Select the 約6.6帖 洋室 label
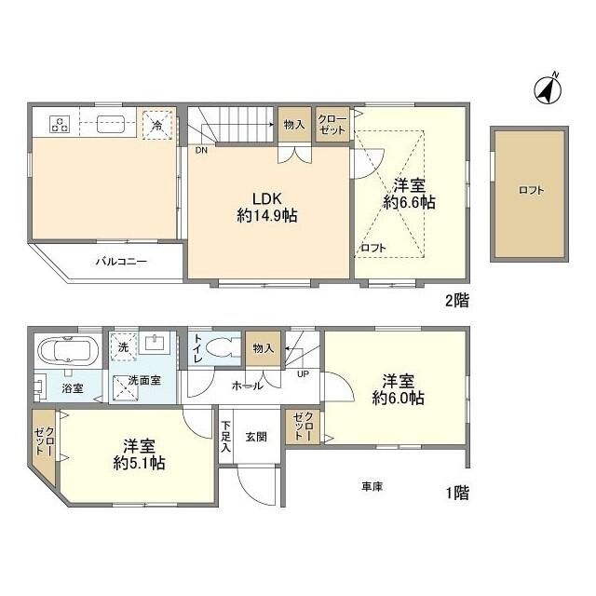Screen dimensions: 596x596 tap(409, 193)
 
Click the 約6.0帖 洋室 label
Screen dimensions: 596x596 tap(399, 389)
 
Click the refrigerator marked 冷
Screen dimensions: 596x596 tap(156, 124)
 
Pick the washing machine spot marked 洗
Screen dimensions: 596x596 tap(123, 346)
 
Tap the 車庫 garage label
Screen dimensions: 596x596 tap(372, 486)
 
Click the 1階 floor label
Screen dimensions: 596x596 tap(456, 493)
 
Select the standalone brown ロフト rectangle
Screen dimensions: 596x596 tap(531, 190)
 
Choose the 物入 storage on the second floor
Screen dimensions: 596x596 tap(294, 125)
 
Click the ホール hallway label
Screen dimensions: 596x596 tap(247, 384)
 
